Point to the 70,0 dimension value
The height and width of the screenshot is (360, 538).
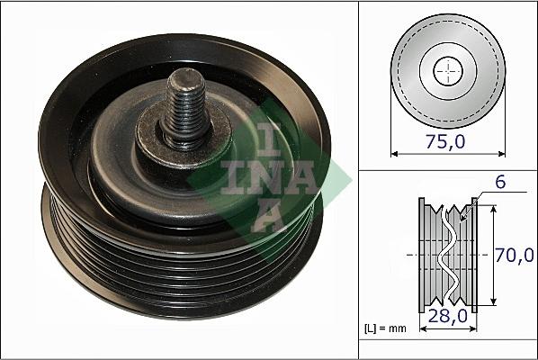pyautogui.click(x=516, y=255)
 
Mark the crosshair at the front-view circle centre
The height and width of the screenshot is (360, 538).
pyautogui.click(x=447, y=70)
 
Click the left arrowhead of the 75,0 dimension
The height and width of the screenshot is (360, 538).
pyautogui.click(x=394, y=151)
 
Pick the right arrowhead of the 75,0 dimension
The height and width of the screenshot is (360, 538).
pyautogui.click(x=500, y=151)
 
